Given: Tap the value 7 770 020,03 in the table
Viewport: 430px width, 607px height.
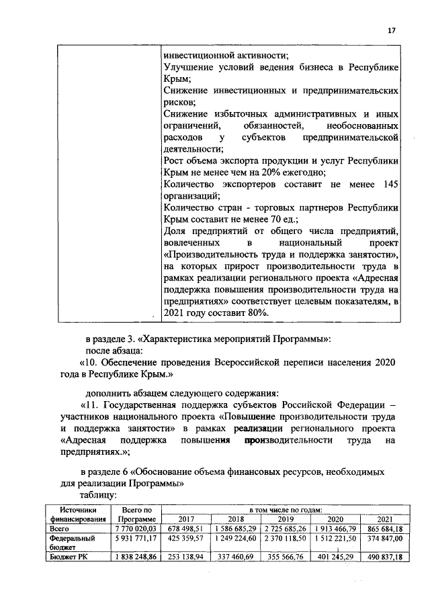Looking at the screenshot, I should (x=137, y=529).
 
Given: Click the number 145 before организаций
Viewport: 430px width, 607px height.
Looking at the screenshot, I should (x=390, y=183).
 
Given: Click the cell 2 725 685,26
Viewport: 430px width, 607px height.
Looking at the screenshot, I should (x=286, y=529).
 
